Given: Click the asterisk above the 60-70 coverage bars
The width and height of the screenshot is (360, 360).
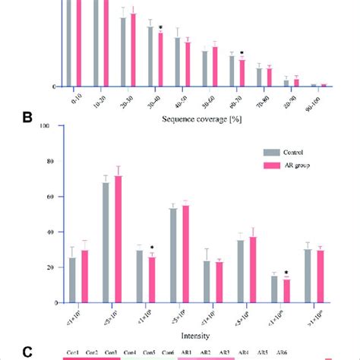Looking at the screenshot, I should click(242, 53).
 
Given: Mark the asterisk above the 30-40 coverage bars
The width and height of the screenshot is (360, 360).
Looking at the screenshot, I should click(161, 27).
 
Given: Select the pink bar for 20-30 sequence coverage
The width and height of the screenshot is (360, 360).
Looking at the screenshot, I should click(134, 49).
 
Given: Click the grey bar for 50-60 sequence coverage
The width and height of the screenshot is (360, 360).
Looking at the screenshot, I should click(205, 68).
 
